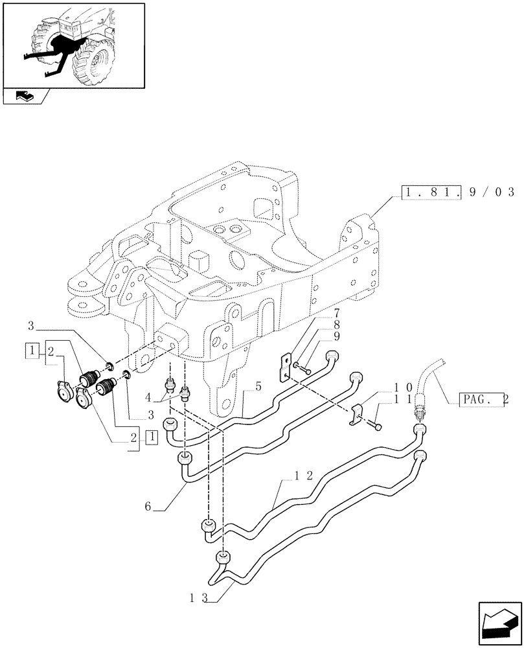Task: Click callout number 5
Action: [x=258, y=387]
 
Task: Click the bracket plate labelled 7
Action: [x=284, y=368]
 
